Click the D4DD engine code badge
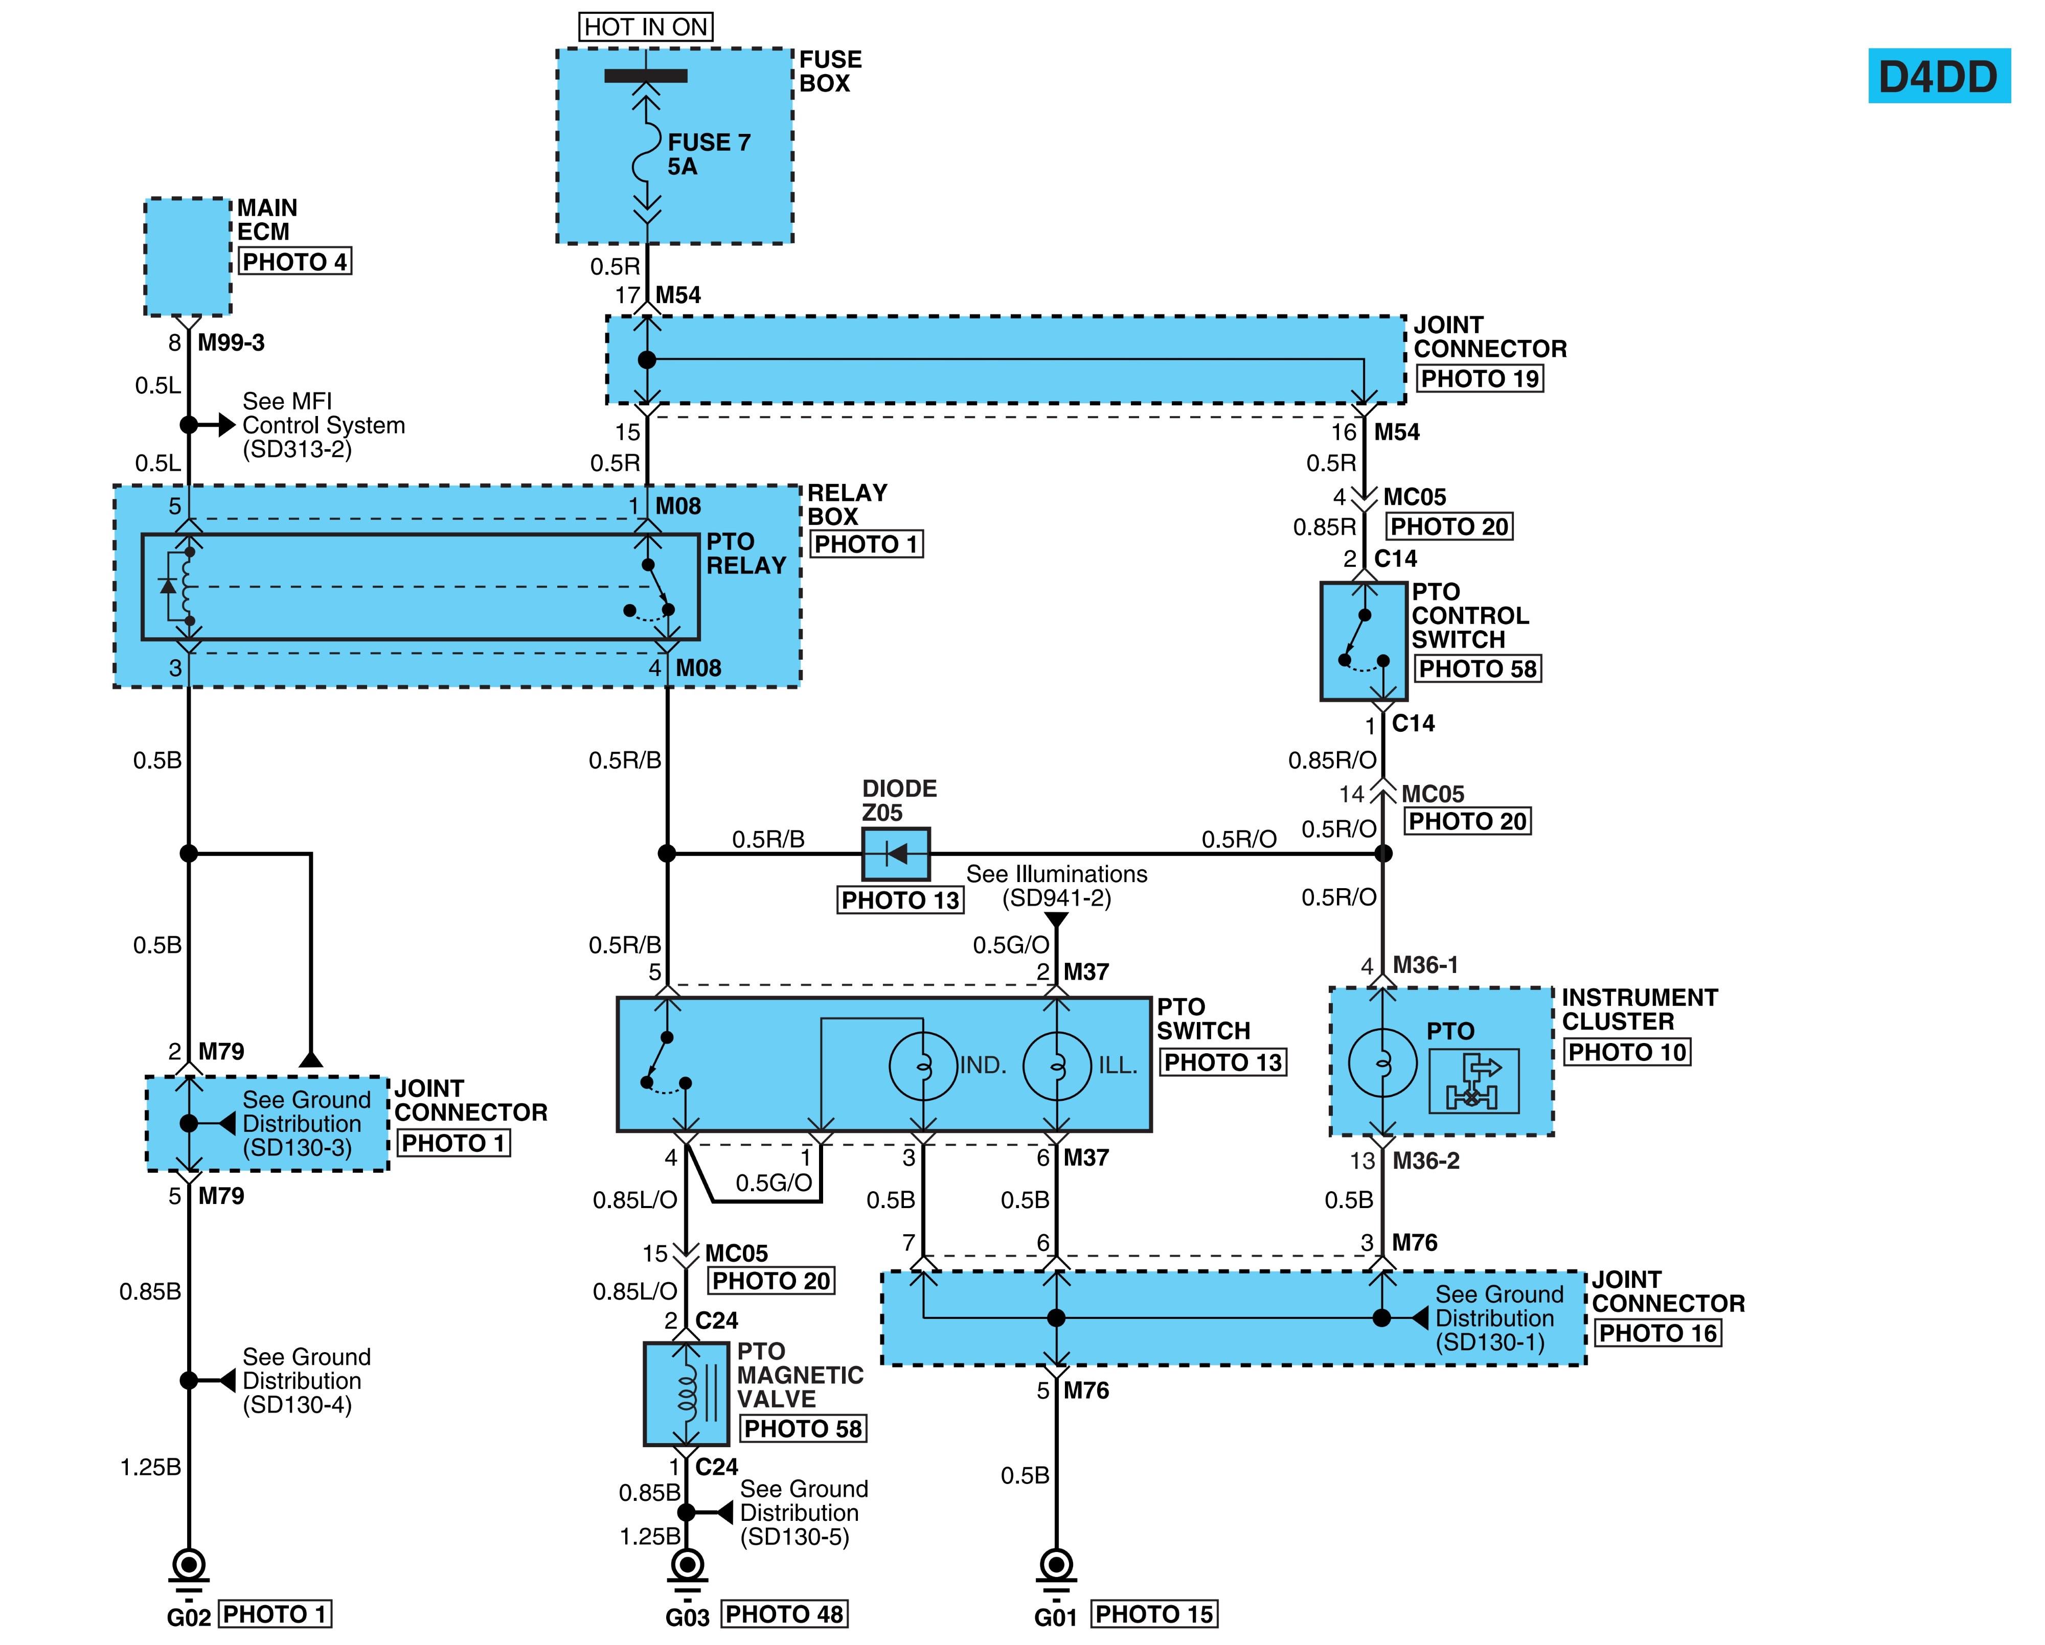[x=1939, y=76]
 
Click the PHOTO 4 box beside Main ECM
[x=295, y=262]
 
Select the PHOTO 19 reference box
[x=1480, y=378]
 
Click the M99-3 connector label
[x=232, y=342]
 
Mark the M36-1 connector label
[x=1425, y=965]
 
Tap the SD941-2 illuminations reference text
[x=1057, y=898]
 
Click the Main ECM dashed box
[x=188, y=257]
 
